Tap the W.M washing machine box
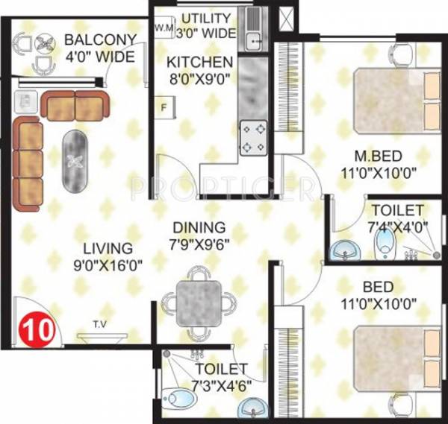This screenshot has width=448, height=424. [x=164, y=28]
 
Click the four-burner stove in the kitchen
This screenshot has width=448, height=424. [x=253, y=138]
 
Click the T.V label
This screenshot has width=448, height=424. [x=99, y=324]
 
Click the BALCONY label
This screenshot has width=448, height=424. [x=111, y=40]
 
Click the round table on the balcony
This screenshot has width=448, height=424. [x=43, y=46]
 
